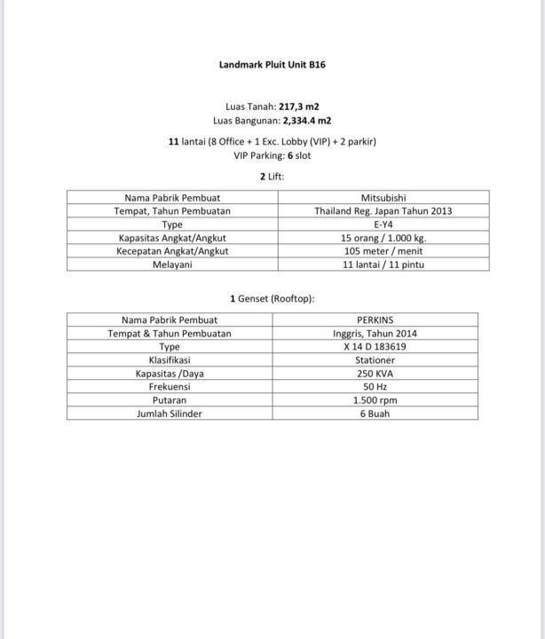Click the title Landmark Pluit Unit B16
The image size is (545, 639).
click(272, 65)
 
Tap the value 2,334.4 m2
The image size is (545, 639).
click(306, 121)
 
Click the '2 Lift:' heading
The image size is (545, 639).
click(272, 177)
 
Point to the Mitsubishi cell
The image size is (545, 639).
click(383, 198)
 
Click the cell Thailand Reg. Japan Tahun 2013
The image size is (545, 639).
click(383, 211)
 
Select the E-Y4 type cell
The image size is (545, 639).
click(383, 225)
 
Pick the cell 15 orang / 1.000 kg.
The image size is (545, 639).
click(383, 238)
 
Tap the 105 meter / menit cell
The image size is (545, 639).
click(383, 251)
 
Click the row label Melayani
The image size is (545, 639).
click(172, 264)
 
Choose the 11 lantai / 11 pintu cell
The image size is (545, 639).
click(383, 264)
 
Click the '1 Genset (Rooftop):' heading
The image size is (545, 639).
click(272, 299)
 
